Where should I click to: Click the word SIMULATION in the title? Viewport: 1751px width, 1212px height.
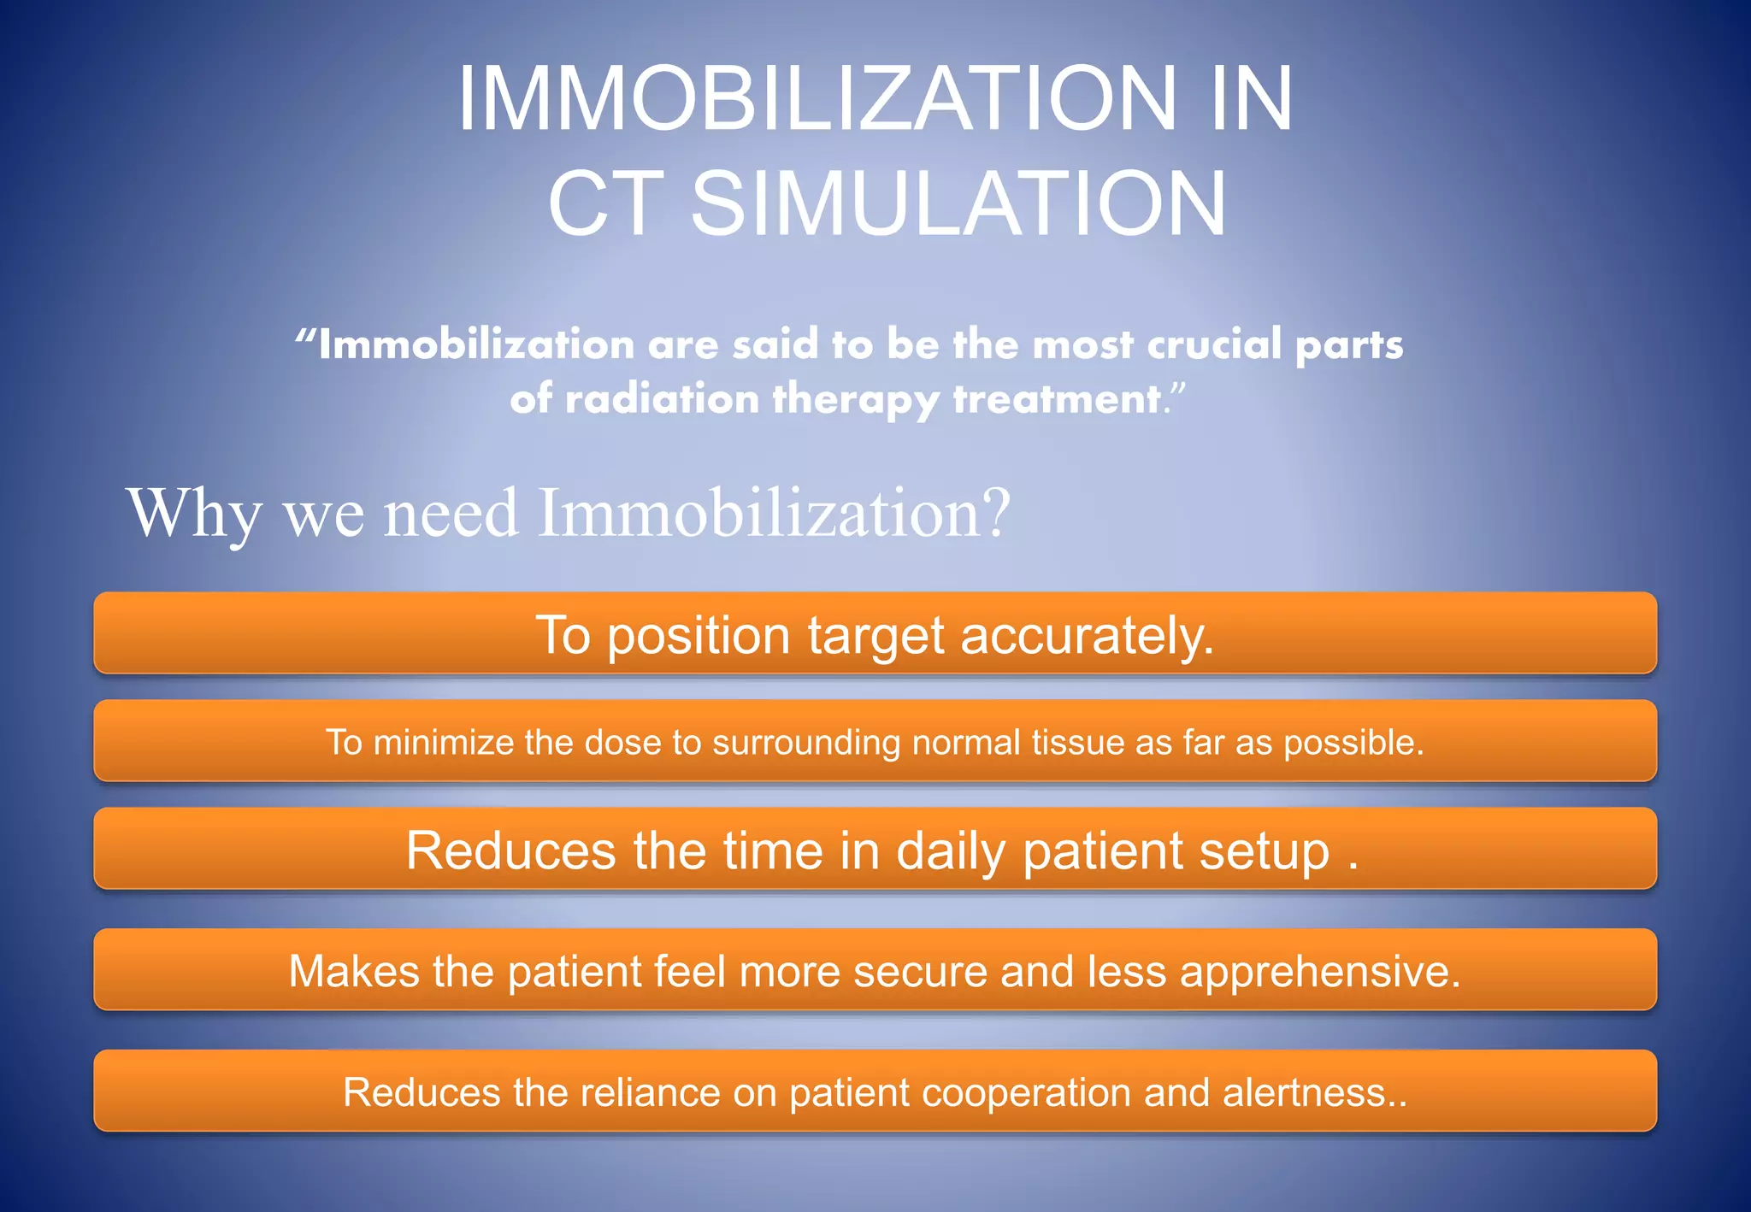(x=958, y=204)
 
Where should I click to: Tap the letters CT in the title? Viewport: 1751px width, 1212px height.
(x=605, y=204)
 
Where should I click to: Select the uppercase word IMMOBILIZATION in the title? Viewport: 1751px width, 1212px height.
(x=817, y=99)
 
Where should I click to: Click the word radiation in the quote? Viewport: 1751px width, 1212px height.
(x=662, y=399)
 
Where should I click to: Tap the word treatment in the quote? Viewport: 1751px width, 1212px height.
(x=1058, y=399)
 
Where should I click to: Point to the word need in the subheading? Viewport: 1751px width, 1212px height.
(x=451, y=513)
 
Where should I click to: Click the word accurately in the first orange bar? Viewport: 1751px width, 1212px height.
(x=1086, y=636)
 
